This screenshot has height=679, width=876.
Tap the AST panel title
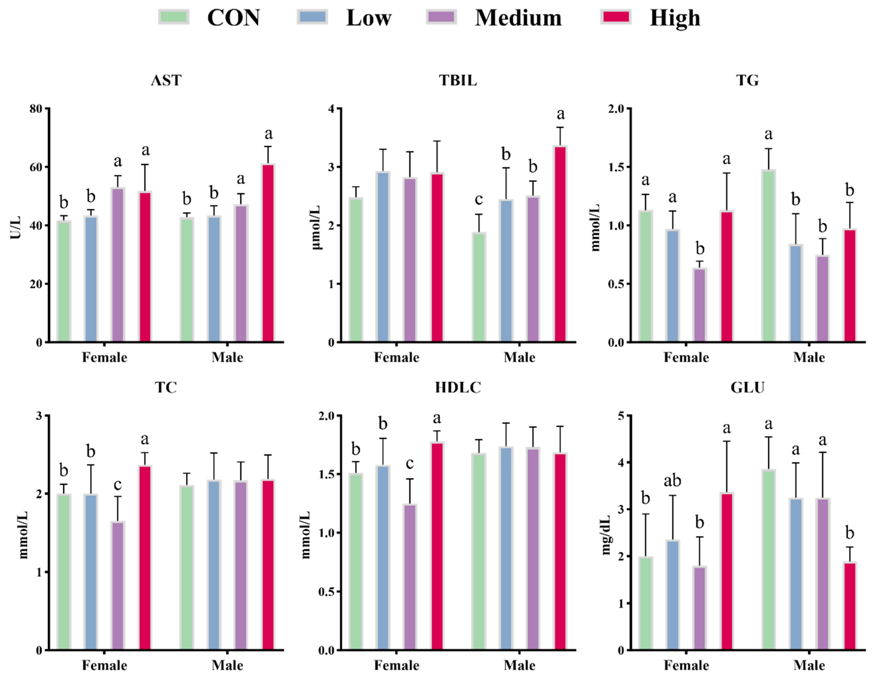(166, 80)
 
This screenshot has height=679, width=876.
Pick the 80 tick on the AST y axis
(36, 109)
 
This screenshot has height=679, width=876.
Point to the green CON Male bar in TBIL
(479, 287)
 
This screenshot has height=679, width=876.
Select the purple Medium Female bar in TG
(700, 305)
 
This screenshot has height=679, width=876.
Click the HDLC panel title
(458, 387)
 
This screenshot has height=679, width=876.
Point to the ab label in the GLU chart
(672, 480)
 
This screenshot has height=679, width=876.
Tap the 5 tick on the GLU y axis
(621, 416)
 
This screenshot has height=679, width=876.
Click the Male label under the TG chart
(809, 357)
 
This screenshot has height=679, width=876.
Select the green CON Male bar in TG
(768, 256)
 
